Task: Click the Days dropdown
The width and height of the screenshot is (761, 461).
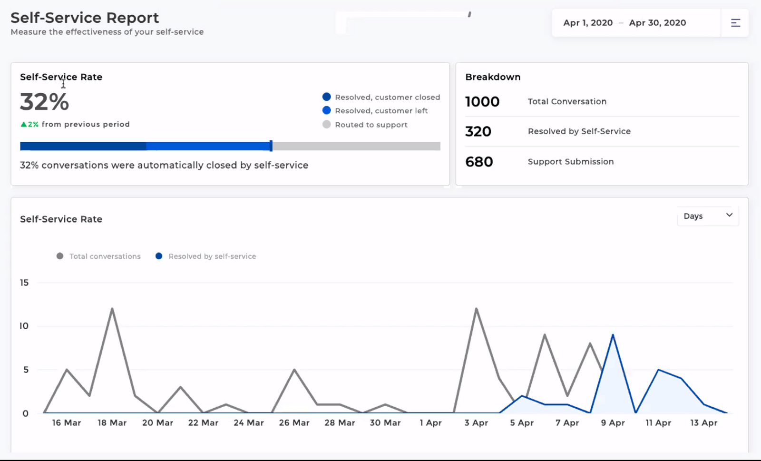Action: (x=707, y=216)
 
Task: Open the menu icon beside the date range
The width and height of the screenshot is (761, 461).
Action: (x=735, y=23)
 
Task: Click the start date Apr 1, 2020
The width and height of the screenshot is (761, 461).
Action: (x=588, y=23)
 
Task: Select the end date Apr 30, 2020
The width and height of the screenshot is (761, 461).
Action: (x=657, y=23)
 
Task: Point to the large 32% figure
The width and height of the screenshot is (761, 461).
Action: (x=45, y=102)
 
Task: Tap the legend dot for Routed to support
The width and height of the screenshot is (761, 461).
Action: (x=326, y=125)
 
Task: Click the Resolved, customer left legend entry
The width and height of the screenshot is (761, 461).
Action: (x=381, y=111)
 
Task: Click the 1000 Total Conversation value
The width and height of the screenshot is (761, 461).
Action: (x=482, y=102)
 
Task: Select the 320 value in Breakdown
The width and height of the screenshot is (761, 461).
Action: (x=478, y=132)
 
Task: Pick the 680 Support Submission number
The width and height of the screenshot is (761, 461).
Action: (x=479, y=162)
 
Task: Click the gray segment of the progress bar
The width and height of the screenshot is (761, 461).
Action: (x=356, y=146)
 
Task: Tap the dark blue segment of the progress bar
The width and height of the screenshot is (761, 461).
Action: (x=83, y=146)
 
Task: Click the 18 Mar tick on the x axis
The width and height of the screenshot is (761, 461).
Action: (x=112, y=422)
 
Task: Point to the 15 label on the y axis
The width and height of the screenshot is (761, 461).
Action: (x=24, y=283)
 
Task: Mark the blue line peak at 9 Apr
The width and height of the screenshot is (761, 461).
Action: (x=613, y=335)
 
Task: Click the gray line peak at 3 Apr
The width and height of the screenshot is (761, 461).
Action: (x=476, y=309)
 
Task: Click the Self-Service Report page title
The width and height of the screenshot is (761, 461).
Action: (x=85, y=18)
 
